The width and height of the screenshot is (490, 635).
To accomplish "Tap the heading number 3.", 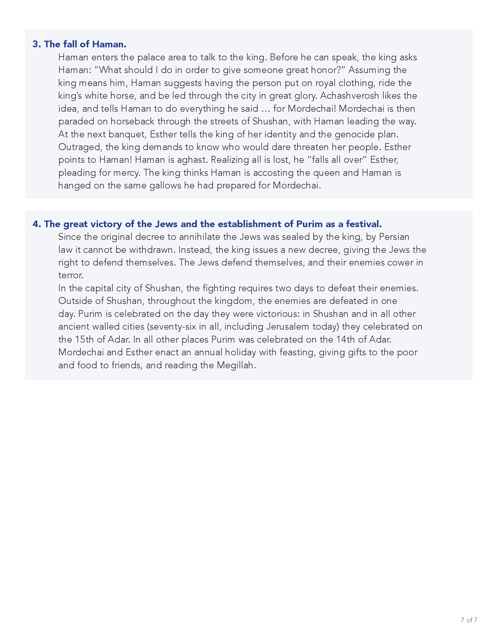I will pyautogui.click(x=36, y=44).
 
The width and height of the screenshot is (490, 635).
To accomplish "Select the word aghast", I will pyautogui.click(x=192, y=160).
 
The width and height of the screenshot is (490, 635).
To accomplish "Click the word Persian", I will pyautogui.click(x=394, y=237).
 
